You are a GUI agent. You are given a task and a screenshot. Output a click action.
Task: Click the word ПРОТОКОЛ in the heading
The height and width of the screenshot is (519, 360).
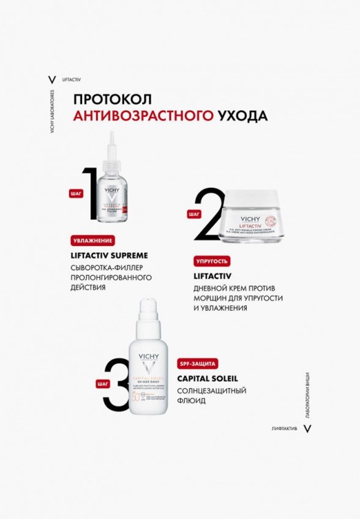click(x=112, y=99)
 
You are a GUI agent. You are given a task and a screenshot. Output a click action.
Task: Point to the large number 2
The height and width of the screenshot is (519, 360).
click(x=207, y=214)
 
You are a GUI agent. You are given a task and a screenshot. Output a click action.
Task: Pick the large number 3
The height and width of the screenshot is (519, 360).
click(x=116, y=384)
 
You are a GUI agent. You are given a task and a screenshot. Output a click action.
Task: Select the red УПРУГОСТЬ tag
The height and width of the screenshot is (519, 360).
click(x=211, y=261)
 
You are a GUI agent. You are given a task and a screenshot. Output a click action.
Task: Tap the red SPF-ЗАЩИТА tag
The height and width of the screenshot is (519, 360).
click(x=198, y=362)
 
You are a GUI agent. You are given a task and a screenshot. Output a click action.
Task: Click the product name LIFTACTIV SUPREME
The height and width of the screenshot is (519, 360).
click(x=110, y=255)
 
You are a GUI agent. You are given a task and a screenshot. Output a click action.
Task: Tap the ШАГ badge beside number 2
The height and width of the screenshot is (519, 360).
click(x=194, y=215)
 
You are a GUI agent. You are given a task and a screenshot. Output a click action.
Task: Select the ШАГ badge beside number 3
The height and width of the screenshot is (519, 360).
click(x=102, y=384)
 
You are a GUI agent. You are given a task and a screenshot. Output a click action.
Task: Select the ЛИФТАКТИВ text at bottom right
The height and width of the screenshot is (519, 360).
click(x=283, y=429)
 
